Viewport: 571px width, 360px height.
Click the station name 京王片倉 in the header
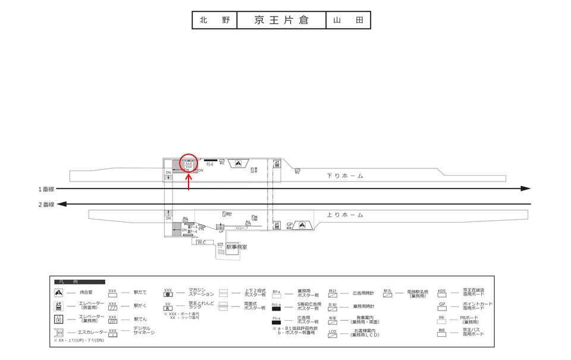click(x=281, y=20)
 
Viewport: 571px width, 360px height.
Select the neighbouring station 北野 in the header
click(x=214, y=20)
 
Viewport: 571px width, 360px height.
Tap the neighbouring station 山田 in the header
click(x=348, y=20)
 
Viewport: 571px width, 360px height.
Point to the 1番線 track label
click(x=47, y=189)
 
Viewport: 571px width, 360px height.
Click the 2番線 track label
click(x=47, y=204)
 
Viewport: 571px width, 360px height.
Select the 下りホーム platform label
click(x=345, y=176)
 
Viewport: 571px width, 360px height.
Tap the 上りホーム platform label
click(x=345, y=214)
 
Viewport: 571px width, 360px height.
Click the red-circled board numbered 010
click(x=188, y=165)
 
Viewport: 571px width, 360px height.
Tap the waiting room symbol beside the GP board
click(x=303, y=225)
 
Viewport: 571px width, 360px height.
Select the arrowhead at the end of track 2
click(x=62, y=204)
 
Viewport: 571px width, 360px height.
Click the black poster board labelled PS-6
click(x=211, y=161)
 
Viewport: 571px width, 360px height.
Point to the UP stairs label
click(x=221, y=231)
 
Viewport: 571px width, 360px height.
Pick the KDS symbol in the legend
click(x=441, y=293)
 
